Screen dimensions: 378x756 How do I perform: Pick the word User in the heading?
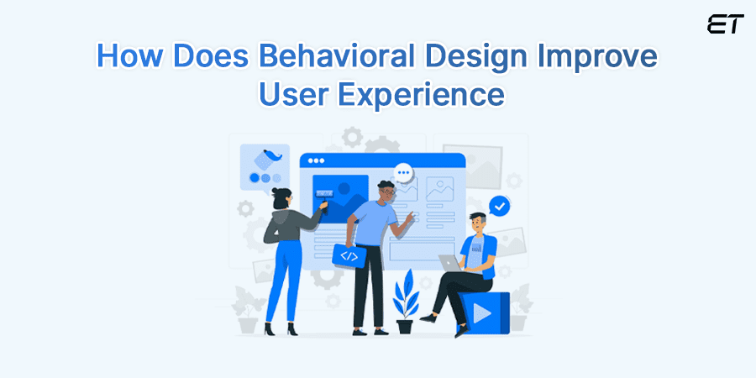[288, 94]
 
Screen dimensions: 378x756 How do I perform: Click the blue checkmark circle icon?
[500, 204]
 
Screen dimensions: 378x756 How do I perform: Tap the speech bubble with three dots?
[405, 173]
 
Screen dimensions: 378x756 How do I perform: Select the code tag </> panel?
[349, 255]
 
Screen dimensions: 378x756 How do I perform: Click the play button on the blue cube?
[482, 314]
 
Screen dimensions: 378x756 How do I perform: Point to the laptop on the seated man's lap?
[450, 265]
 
